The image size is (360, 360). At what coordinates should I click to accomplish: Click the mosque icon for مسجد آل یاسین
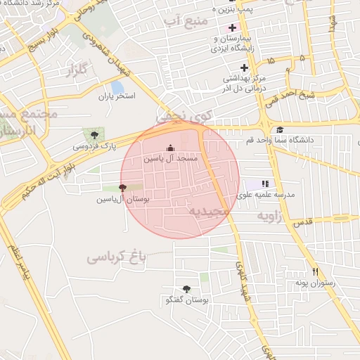point(169,148)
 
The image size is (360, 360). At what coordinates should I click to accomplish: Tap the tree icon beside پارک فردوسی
point(94,134)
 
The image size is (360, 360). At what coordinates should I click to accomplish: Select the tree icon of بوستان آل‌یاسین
point(123,188)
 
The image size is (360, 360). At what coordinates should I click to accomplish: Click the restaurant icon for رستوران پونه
point(316,271)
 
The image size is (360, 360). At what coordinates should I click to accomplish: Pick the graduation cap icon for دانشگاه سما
point(280,129)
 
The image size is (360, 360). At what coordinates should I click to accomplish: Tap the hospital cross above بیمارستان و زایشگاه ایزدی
point(233,27)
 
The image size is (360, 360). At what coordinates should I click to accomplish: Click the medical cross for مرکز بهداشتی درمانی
point(244,68)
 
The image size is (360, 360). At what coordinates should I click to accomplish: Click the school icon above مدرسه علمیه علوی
point(265,183)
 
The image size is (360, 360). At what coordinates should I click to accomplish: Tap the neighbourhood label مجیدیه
point(209,210)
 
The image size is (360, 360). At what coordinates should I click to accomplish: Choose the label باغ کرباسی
point(116,258)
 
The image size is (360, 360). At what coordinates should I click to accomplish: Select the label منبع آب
point(186,21)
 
